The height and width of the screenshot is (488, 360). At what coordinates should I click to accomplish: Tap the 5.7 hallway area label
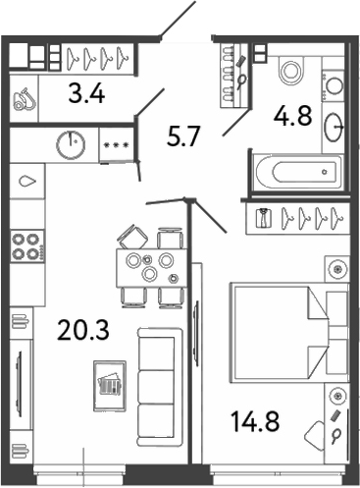click(x=183, y=136)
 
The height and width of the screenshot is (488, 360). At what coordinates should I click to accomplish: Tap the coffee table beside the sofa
click(x=109, y=381)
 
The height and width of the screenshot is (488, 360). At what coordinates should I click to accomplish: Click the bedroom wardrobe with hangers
click(x=300, y=219)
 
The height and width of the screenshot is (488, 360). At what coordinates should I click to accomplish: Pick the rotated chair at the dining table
click(x=130, y=237)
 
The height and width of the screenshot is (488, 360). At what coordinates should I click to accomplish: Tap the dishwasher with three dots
click(x=118, y=144)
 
